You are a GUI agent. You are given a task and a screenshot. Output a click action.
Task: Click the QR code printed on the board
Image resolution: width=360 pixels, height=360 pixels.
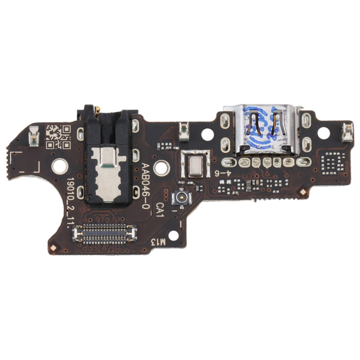tap(57, 136)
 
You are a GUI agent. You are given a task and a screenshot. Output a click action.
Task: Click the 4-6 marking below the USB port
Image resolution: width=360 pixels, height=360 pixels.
tap(221, 174)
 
